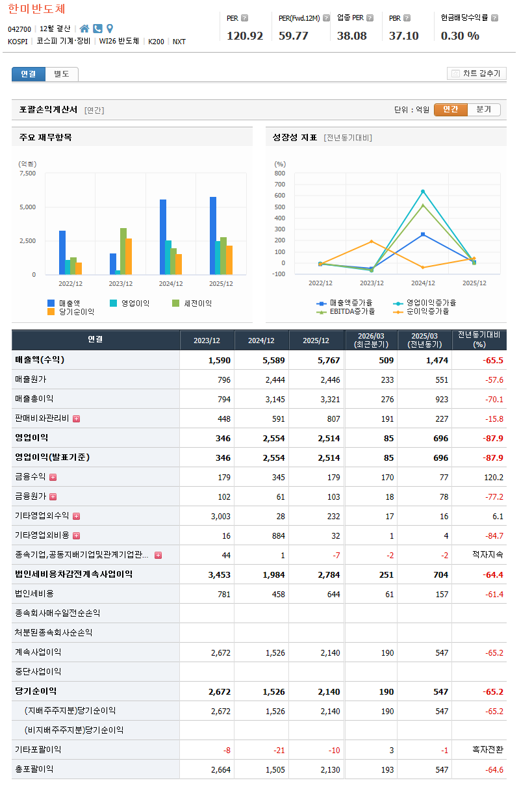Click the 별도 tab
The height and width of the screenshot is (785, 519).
62,74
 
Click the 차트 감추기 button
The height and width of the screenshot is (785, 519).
476,73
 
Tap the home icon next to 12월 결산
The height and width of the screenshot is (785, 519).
84,29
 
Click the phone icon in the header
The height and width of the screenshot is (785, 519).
97,29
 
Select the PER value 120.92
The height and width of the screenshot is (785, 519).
245,36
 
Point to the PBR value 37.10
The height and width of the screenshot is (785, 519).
403,36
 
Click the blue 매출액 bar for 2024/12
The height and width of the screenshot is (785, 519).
163,237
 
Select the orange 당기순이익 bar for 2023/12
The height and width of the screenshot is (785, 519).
129,257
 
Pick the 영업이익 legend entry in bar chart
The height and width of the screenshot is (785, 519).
129,303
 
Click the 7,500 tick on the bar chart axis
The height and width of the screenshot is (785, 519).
28,173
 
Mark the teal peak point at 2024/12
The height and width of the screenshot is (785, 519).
423,191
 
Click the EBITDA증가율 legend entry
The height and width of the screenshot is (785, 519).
346,311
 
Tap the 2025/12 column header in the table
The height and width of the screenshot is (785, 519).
316,341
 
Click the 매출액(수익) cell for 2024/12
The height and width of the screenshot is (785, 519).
273,360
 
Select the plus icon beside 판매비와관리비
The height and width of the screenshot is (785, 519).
77,418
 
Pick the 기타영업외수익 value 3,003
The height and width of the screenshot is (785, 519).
221,516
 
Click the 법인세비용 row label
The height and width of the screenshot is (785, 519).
34,594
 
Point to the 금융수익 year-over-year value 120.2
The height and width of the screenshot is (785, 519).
494,478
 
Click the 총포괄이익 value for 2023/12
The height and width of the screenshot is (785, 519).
221,769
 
